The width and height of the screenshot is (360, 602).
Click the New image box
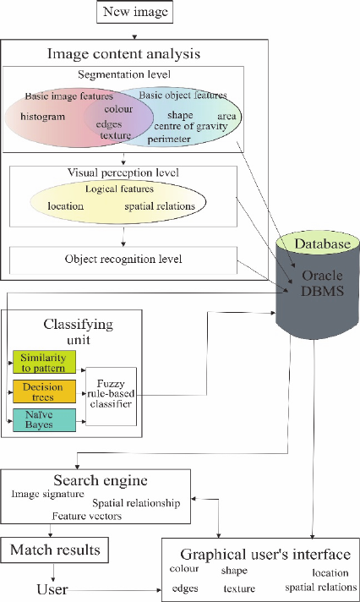134,12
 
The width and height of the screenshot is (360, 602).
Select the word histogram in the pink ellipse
42,117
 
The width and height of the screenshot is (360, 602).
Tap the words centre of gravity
191,126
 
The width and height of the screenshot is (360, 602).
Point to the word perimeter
169,139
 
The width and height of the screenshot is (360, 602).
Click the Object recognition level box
123,260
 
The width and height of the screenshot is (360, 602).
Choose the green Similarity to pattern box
44,362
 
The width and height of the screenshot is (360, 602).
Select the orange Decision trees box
44,391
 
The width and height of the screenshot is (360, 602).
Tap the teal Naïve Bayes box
44,420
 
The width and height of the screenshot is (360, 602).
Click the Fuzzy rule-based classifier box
111,397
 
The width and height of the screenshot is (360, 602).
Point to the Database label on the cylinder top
322,244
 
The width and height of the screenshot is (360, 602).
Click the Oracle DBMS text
322,283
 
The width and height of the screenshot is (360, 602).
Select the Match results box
54,550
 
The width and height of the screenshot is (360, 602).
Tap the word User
52,589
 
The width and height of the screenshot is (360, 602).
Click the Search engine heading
101,480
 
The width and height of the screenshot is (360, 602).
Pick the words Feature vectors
87,517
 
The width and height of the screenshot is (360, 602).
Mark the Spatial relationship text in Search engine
136,503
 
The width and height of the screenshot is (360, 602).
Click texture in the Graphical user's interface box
239,588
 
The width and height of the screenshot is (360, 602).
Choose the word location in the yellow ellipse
65,206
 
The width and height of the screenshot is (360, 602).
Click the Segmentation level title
124,74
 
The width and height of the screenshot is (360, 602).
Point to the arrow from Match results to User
53,572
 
